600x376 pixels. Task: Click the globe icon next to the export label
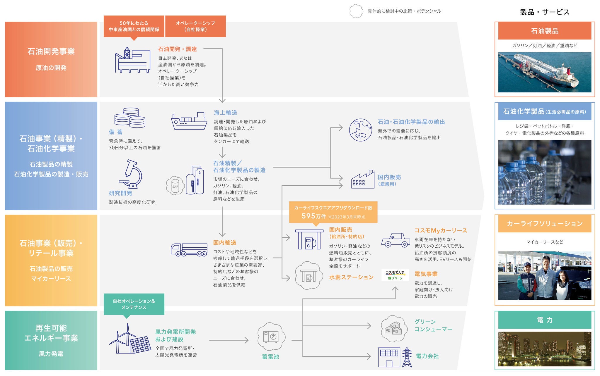tap(360, 130)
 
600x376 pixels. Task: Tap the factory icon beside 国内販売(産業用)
tap(363, 180)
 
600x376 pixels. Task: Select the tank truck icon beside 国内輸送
tap(189, 250)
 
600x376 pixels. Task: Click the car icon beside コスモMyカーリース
tap(396, 240)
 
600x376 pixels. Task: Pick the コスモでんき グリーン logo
tap(395, 275)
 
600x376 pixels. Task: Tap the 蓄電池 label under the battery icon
tap(270, 357)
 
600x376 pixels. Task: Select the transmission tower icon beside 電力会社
tap(407, 357)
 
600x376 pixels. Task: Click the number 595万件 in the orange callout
tap(313, 216)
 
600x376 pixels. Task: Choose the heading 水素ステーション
tap(351, 277)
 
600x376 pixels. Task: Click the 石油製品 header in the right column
tap(544, 31)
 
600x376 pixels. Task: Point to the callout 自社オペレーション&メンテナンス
tap(134, 304)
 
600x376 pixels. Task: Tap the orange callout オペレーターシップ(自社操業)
tap(195, 26)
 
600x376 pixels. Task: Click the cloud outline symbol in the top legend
tap(356, 11)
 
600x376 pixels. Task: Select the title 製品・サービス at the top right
tap(545, 12)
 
